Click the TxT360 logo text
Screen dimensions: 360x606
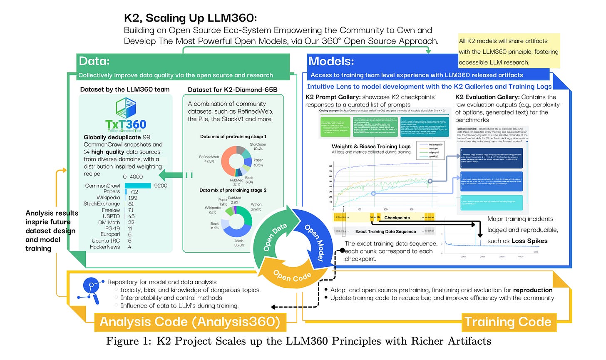[125, 124]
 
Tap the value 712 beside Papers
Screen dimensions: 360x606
[134, 192]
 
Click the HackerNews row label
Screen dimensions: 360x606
[105, 247]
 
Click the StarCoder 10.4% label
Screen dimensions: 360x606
[258, 146]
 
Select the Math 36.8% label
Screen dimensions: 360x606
[239, 243]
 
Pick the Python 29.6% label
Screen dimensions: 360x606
[256, 207]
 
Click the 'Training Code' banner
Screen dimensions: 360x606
[508, 322]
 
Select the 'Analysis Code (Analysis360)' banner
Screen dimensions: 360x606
[190, 322]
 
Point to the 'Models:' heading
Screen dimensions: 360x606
[331, 61]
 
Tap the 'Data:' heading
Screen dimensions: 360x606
[94, 61]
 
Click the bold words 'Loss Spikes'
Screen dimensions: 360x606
[529, 241]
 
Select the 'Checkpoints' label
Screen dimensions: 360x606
[397, 218]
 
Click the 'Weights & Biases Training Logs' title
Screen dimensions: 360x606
[371, 146]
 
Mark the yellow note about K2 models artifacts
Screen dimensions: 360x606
[509, 52]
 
